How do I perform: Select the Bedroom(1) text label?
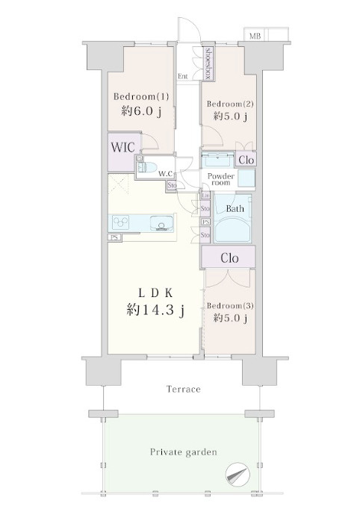(x=141, y=96)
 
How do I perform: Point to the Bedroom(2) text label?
(x=230, y=103)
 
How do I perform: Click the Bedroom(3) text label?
(x=229, y=306)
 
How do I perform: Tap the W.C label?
(x=165, y=173)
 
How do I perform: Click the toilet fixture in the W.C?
(x=146, y=166)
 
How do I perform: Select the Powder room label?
(x=222, y=180)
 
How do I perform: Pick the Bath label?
(x=235, y=209)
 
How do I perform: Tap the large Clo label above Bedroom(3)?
(x=229, y=258)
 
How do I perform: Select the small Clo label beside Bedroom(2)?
(x=245, y=160)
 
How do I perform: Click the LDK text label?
(x=155, y=293)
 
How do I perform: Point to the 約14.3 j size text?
(x=155, y=312)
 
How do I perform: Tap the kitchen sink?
(x=161, y=223)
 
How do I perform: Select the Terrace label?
(x=183, y=390)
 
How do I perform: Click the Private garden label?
(x=183, y=452)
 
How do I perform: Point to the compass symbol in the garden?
(x=238, y=472)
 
